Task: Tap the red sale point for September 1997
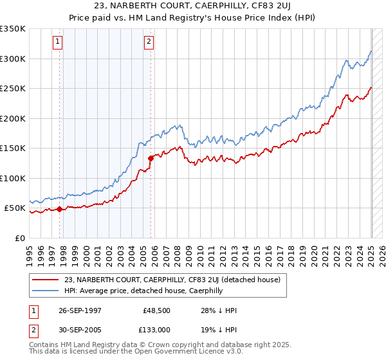tap(60, 209)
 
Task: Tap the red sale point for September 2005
tap(151, 157)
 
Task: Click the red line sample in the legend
tap(46, 280)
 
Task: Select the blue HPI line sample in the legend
tap(46, 291)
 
